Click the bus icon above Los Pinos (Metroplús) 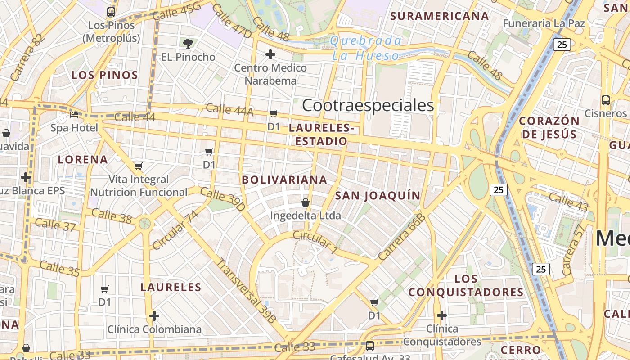[x=111, y=12]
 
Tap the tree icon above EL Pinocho [x=188, y=43]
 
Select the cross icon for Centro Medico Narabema [x=270, y=55]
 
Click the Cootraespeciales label [x=368, y=105]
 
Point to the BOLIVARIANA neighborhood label [x=284, y=180]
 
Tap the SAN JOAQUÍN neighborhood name [x=378, y=195]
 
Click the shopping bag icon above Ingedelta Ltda [x=306, y=202]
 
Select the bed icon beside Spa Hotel [x=74, y=115]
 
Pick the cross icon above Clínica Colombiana [x=154, y=316]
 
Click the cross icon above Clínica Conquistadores [x=442, y=315]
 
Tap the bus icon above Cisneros [x=606, y=100]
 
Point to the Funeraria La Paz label [x=544, y=23]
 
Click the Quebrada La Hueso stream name [x=365, y=48]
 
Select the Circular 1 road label [x=315, y=242]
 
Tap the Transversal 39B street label [x=246, y=290]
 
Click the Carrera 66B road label [x=402, y=237]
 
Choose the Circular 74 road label [x=175, y=230]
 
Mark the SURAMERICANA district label [x=439, y=16]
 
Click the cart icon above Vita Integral [x=139, y=166]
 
